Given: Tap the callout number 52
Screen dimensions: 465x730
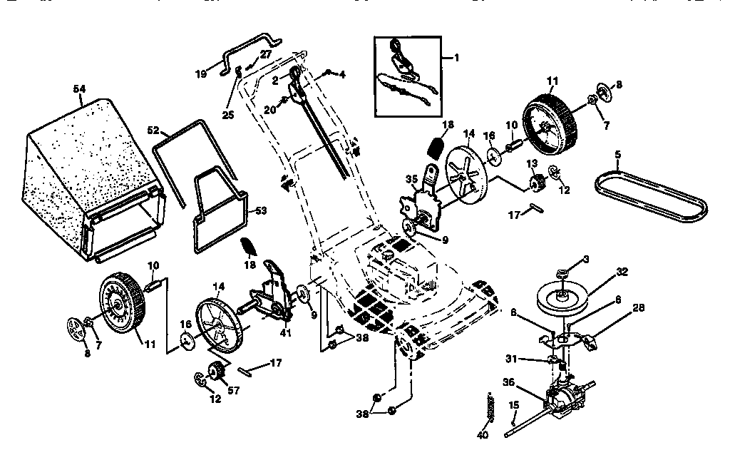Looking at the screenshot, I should [x=154, y=131].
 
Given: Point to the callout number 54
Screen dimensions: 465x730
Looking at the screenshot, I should [x=79, y=88].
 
